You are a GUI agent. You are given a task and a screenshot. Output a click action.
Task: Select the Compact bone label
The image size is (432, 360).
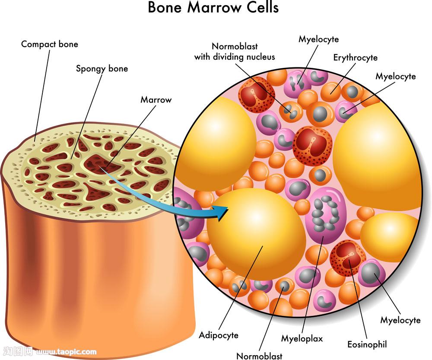50,44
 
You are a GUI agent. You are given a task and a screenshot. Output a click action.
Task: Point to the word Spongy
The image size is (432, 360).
90,69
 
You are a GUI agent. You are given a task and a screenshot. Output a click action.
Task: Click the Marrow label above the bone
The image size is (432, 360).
156,100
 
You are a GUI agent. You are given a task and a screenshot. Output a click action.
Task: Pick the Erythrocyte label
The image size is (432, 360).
356,57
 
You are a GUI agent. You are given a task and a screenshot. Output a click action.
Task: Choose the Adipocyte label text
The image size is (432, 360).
219,335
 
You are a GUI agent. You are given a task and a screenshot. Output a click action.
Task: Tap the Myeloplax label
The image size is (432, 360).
302,338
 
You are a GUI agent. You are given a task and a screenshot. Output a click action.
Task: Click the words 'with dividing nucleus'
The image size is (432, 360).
235,57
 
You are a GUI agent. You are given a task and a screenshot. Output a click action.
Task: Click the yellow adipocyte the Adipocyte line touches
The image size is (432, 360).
257,233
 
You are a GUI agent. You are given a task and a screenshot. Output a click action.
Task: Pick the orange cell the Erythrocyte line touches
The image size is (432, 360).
331,90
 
